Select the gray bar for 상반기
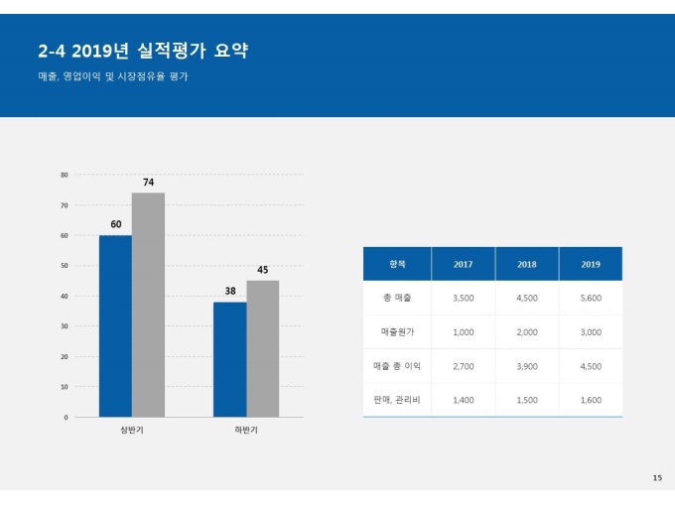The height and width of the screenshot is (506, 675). pyautogui.click(x=148, y=305)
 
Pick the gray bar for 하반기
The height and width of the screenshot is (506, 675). pyautogui.click(x=262, y=348)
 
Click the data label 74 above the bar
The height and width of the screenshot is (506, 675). pyautogui.click(x=148, y=183)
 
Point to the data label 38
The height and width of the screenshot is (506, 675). pyautogui.click(x=229, y=292)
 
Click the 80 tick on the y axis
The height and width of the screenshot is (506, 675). pyautogui.click(x=65, y=175)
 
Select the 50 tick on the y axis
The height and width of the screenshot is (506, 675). pyautogui.click(x=65, y=266)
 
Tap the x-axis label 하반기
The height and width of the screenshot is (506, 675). pyautogui.click(x=246, y=432)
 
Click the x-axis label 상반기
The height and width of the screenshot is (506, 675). pyautogui.click(x=132, y=432)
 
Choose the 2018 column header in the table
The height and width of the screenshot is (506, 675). pyautogui.click(x=527, y=264)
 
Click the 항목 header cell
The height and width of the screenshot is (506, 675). pyautogui.click(x=397, y=264)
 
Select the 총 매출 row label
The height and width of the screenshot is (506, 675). pyautogui.click(x=397, y=298)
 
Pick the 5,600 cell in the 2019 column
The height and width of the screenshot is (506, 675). pyautogui.click(x=591, y=298)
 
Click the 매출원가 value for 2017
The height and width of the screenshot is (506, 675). pyautogui.click(x=463, y=332)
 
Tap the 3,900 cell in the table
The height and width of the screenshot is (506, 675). pyautogui.click(x=527, y=366)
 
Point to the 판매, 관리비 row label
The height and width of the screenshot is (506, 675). pyautogui.click(x=397, y=400)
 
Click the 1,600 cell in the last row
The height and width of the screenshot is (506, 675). pyautogui.click(x=591, y=400)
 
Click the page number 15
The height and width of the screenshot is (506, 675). pyautogui.click(x=656, y=478)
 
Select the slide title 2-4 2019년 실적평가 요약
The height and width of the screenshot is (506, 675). pyautogui.click(x=142, y=52)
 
